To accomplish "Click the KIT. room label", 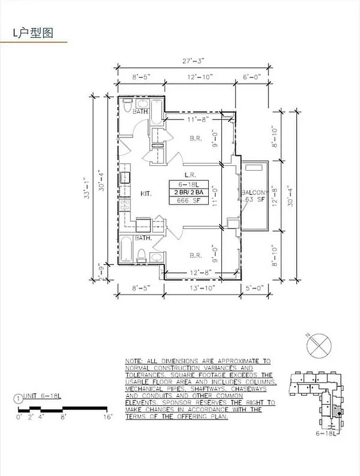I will (x=146, y=194).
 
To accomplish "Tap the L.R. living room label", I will (x=190, y=175).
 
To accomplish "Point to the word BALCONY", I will (x=255, y=192).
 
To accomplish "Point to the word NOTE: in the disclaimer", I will (x=134, y=362).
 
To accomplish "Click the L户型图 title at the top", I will (x=33, y=33).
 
